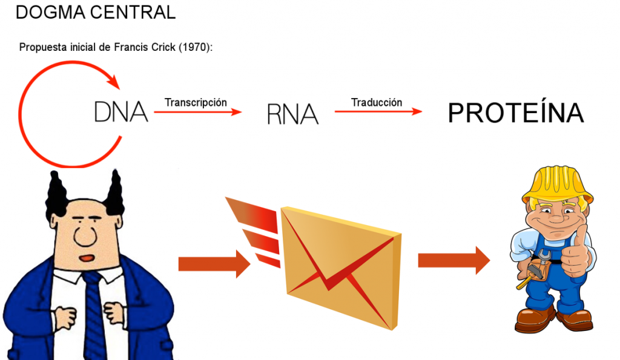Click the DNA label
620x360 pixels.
pyautogui.click(x=121, y=112)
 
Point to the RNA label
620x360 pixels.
pyautogui.click(x=292, y=113)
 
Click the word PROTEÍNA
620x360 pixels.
pyautogui.click(x=515, y=113)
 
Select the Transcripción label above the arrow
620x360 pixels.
pyautogui.click(x=195, y=102)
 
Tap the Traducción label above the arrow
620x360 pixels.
pyautogui.click(x=377, y=102)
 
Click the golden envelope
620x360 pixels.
pyautogui.click(x=342, y=266)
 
